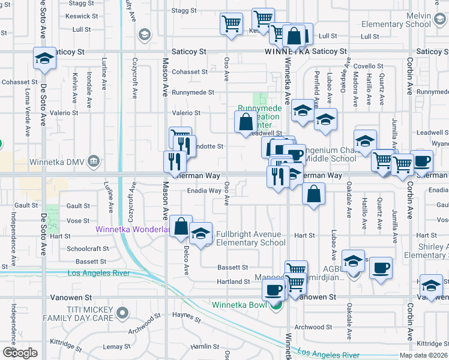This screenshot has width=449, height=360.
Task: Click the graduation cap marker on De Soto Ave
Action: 44,59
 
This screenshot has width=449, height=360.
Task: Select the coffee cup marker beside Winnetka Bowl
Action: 274,290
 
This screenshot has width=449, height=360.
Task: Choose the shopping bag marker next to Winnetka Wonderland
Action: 181,226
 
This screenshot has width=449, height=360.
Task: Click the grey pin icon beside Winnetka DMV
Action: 93,161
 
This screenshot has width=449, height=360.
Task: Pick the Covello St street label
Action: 367,66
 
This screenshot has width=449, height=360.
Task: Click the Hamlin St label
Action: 205,347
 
